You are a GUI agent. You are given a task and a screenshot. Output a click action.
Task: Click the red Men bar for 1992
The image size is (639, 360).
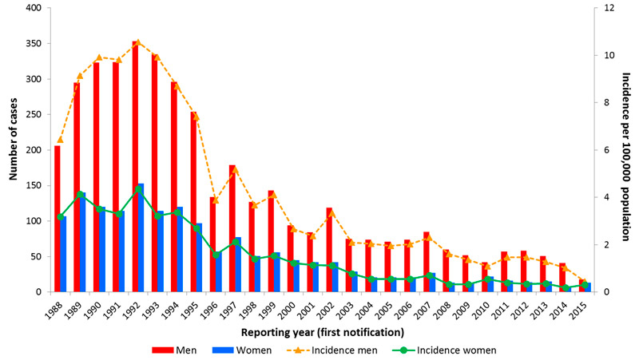point(135,168)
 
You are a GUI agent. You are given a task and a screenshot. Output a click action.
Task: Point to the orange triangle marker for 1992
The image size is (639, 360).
point(137,42)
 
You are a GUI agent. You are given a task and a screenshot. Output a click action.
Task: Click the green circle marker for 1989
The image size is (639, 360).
point(80,195)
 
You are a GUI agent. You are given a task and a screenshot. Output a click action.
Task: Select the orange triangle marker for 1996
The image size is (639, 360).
point(215,200)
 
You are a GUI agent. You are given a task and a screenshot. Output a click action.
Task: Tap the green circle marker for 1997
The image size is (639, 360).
point(235,242)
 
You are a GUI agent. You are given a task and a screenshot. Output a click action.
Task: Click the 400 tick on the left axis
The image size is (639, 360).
point(34,9)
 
